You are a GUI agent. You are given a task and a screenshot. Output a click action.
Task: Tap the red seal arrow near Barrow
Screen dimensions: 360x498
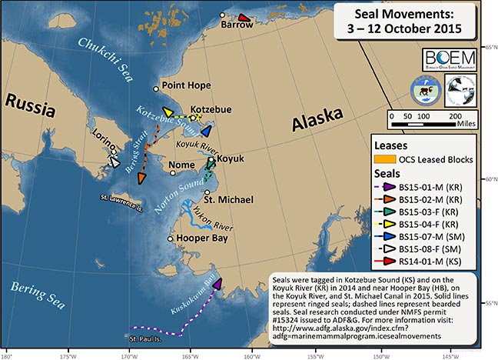tap(244, 18)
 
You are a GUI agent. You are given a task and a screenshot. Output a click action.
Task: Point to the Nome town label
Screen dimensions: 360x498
tap(182, 165)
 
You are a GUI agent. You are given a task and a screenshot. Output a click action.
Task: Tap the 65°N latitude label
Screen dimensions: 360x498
tap(489, 48)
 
